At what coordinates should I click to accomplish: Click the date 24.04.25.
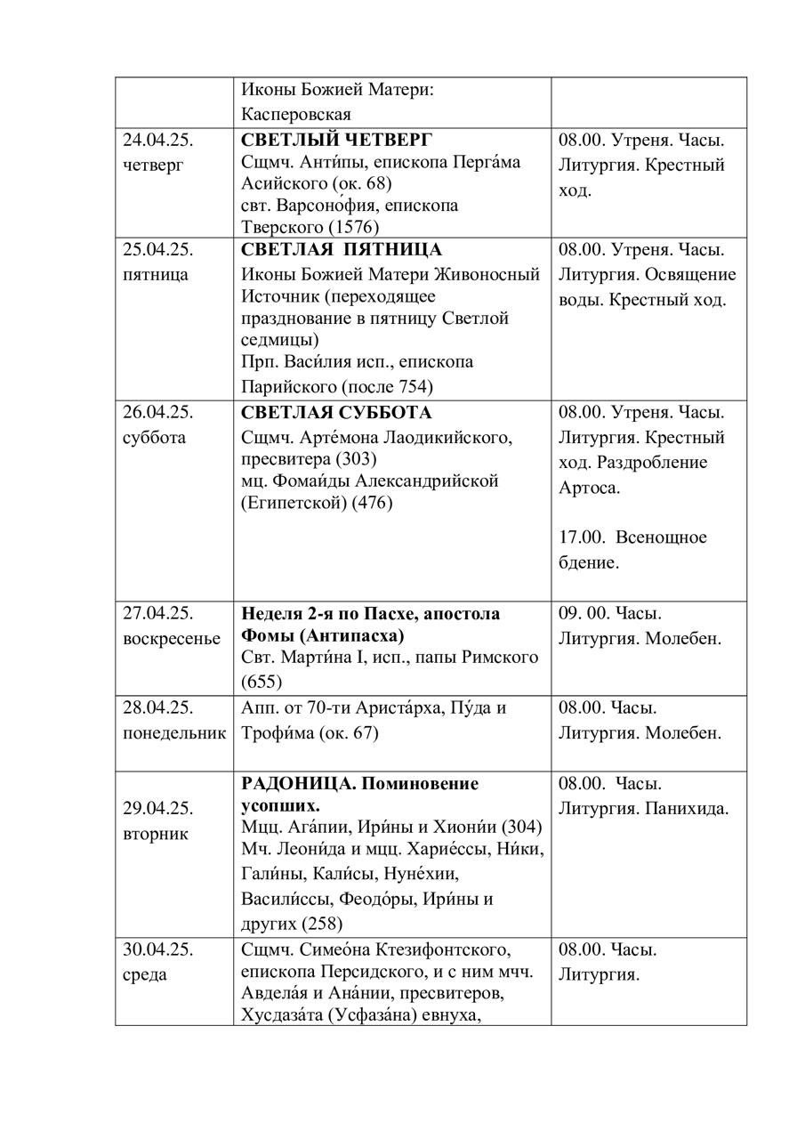158,140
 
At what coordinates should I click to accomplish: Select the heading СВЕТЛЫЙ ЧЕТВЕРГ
336,140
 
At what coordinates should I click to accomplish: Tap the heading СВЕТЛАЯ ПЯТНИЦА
342,250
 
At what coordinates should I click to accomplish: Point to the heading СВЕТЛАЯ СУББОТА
336,414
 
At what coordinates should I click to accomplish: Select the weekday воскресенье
172,639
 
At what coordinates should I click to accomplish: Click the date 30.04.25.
158,949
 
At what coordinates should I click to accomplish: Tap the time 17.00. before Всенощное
582,537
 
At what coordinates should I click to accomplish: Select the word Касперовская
296,114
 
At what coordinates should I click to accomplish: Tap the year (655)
262,683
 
